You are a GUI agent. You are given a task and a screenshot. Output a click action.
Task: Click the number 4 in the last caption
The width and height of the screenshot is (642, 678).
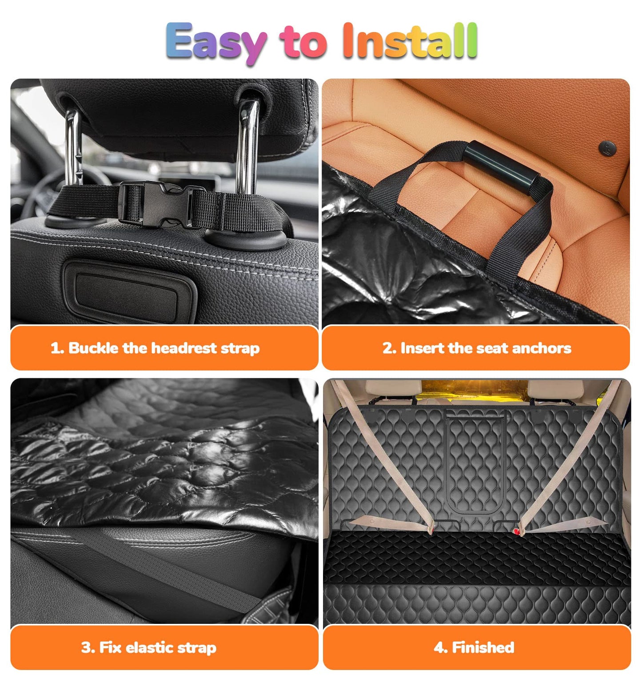(x=439, y=647)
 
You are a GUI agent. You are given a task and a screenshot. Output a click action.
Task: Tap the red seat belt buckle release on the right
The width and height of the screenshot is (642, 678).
(x=517, y=531)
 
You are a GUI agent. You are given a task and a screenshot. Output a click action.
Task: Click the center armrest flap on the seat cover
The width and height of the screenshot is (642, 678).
(x=475, y=462)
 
